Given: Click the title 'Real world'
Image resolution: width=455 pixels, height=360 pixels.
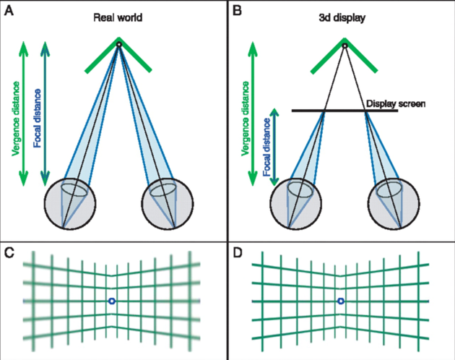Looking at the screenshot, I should [x=119, y=17].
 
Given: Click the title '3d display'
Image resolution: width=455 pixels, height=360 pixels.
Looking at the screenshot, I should [x=344, y=17].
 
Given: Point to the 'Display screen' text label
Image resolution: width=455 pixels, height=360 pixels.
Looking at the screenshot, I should [x=395, y=104].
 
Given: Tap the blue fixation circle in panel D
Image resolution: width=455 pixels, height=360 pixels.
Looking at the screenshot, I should [x=340, y=300].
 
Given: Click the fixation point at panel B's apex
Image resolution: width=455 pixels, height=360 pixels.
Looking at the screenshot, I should [x=344, y=45].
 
